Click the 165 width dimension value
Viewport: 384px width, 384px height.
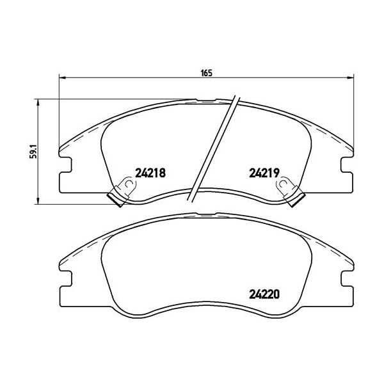point(205,72)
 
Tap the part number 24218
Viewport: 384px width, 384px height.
point(151,172)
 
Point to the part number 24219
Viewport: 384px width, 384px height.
point(263,172)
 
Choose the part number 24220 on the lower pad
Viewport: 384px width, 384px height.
point(263,296)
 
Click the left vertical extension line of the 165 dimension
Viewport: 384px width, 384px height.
point(59,109)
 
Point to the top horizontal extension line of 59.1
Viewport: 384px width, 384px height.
point(115,99)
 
